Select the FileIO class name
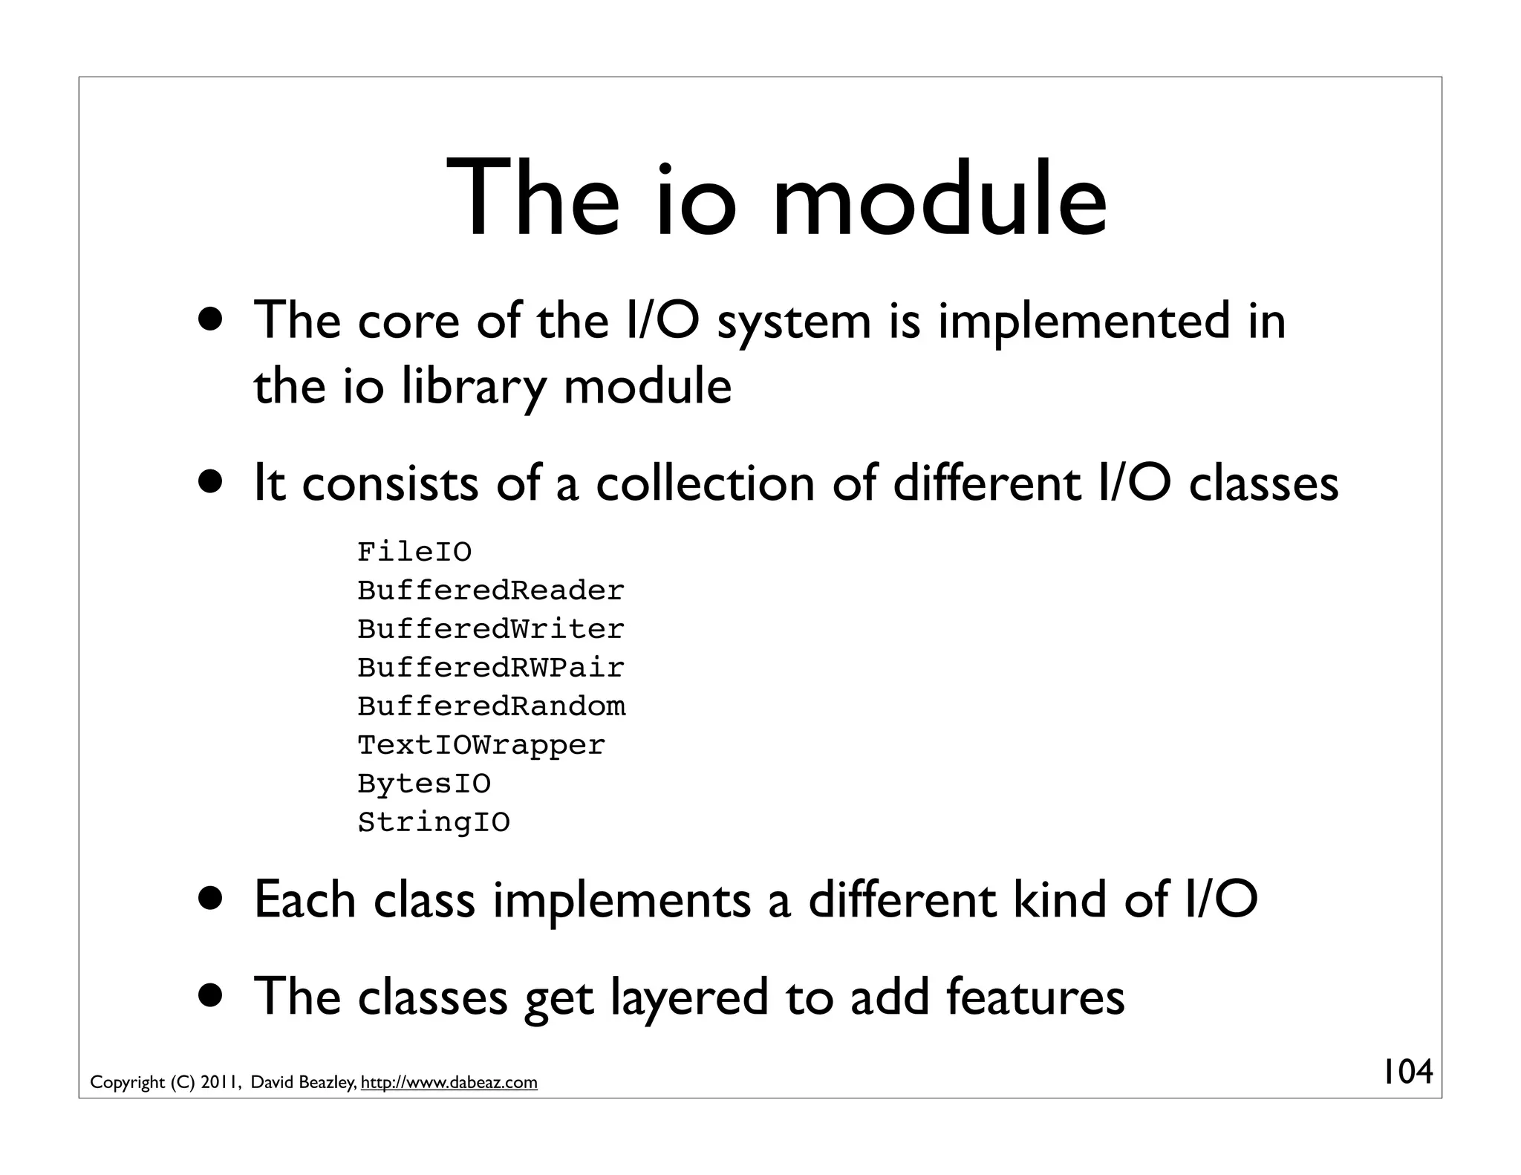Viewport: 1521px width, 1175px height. [x=414, y=552]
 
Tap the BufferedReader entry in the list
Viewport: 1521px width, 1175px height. [x=491, y=590]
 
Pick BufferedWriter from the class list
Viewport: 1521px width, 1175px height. [x=491, y=629]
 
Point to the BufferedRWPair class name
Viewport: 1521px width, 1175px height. [x=491, y=668]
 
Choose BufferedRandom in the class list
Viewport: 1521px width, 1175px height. [x=492, y=706]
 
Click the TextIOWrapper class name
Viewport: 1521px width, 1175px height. [x=481, y=745]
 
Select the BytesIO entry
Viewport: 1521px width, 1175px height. [x=424, y=784]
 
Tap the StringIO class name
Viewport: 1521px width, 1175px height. [x=434, y=822]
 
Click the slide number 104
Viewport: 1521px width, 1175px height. [x=1407, y=1072]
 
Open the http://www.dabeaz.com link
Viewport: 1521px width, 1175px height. [x=449, y=1083]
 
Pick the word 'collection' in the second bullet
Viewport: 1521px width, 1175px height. [x=706, y=484]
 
